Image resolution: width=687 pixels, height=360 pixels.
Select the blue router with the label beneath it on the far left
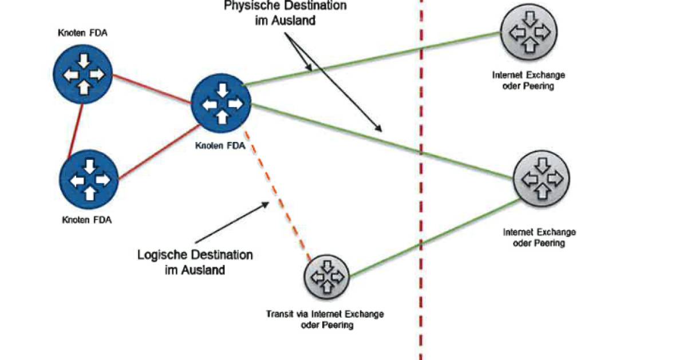(89, 179)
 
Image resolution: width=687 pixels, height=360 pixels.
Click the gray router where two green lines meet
(542, 178)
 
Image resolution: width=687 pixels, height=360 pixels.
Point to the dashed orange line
(278, 195)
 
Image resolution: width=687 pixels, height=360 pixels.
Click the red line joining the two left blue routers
(75, 127)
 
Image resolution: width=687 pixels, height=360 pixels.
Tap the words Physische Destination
(286, 7)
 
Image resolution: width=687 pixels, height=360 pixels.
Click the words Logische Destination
(195, 255)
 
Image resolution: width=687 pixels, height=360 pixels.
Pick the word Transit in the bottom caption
(279, 314)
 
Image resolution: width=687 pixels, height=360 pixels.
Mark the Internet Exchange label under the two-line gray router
(539, 232)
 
